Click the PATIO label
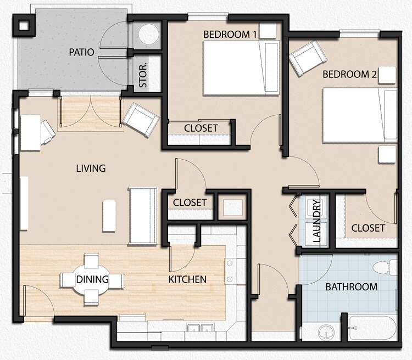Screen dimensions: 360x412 pos(81,53)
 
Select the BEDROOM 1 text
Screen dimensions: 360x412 pos(230,35)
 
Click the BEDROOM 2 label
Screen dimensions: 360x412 pos(349,74)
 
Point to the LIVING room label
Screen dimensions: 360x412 pos(91,168)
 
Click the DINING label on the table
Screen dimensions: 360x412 pos(92,279)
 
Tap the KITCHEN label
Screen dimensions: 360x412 pos(187,279)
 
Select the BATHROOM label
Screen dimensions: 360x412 pos(351,286)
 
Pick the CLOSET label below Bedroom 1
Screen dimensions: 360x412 pos(201,128)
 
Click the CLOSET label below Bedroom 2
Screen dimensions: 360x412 pos(368,228)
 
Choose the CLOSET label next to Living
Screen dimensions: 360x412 pos(190,203)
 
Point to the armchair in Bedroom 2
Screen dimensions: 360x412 pos(303,60)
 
